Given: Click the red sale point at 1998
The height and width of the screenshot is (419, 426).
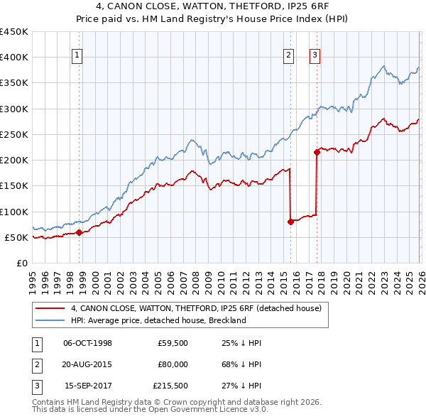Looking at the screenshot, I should (x=79, y=232).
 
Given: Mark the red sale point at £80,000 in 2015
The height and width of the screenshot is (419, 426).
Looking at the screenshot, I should (x=290, y=222).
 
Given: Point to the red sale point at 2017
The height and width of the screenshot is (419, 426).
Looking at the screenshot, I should (x=317, y=152).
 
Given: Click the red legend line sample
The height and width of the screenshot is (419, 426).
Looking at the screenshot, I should (x=50, y=308).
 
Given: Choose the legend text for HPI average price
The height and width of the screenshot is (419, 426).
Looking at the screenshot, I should (x=158, y=320).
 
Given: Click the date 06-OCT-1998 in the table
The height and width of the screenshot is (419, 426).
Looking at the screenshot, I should (x=87, y=344).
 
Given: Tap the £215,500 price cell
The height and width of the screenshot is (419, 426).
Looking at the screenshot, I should (x=170, y=386).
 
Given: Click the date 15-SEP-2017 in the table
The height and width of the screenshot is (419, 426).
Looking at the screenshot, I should (x=87, y=386).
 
